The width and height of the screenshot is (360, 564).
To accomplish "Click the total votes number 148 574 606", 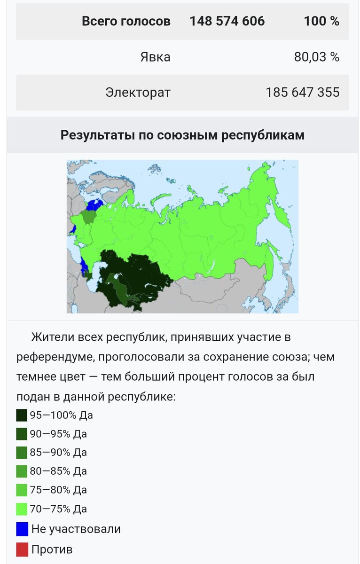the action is [x=227, y=21].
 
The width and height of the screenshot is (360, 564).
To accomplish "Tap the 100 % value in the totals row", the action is [x=321, y=21].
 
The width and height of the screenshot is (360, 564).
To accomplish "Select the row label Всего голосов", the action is [x=126, y=21].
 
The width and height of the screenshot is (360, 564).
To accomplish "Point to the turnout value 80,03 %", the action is [x=316, y=57].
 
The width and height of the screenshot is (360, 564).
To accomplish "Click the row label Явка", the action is [x=155, y=57].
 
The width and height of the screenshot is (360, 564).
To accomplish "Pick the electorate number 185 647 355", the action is [x=302, y=92].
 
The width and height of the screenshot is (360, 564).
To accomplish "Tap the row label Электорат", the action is [x=138, y=92].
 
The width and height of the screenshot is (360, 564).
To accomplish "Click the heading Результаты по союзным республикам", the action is [x=182, y=135].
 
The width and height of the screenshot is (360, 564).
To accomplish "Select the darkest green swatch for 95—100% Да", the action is [x=22, y=415].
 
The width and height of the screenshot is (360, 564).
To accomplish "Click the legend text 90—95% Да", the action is [x=58, y=434].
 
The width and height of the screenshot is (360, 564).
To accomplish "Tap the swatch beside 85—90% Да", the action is [x=22, y=453].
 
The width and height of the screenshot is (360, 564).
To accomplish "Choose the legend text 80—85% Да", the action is [x=58, y=471].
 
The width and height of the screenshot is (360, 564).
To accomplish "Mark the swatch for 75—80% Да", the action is [x=22, y=490].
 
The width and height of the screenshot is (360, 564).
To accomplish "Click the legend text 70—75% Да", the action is [x=58, y=509].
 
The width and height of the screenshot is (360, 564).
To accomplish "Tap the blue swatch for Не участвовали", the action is [x=22, y=529].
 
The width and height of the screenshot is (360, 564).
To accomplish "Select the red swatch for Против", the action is [x=22, y=549].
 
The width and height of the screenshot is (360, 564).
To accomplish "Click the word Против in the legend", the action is [x=52, y=549].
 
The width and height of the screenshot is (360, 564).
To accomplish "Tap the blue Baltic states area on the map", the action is [x=94, y=205].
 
